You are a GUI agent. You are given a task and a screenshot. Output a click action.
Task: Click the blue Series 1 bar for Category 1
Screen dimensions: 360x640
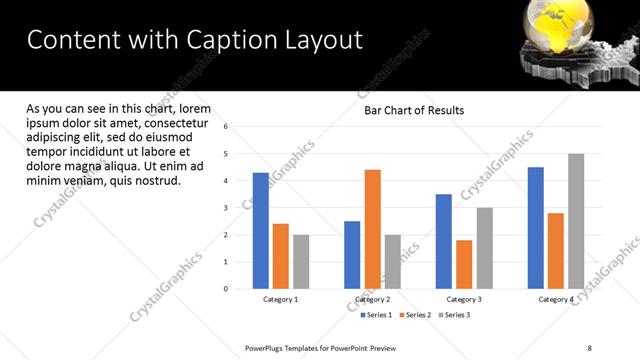tap(261, 231)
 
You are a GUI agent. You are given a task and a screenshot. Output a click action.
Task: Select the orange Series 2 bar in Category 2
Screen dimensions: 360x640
tap(372, 229)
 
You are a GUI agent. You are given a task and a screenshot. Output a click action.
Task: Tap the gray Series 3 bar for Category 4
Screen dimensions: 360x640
tap(576, 221)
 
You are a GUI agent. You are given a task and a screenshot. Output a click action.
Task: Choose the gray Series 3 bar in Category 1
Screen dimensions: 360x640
tap(301, 262)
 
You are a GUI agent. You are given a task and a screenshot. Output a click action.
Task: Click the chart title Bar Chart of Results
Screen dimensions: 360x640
tap(413, 110)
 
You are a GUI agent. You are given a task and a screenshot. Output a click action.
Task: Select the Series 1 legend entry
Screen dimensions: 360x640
tap(377, 315)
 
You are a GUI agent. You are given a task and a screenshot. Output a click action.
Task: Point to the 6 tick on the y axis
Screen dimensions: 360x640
tap(227, 127)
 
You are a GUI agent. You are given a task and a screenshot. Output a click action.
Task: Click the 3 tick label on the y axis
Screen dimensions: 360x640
tap(227, 208)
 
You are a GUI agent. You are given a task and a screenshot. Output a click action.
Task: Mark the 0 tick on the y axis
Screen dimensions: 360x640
tap(227, 289)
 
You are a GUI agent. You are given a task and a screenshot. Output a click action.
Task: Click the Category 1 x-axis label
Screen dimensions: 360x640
tap(280, 299)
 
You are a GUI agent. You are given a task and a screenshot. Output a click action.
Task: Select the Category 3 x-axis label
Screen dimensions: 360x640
tap(464, 299)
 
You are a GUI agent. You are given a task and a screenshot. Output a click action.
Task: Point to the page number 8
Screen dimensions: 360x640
tap(590, 347)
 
